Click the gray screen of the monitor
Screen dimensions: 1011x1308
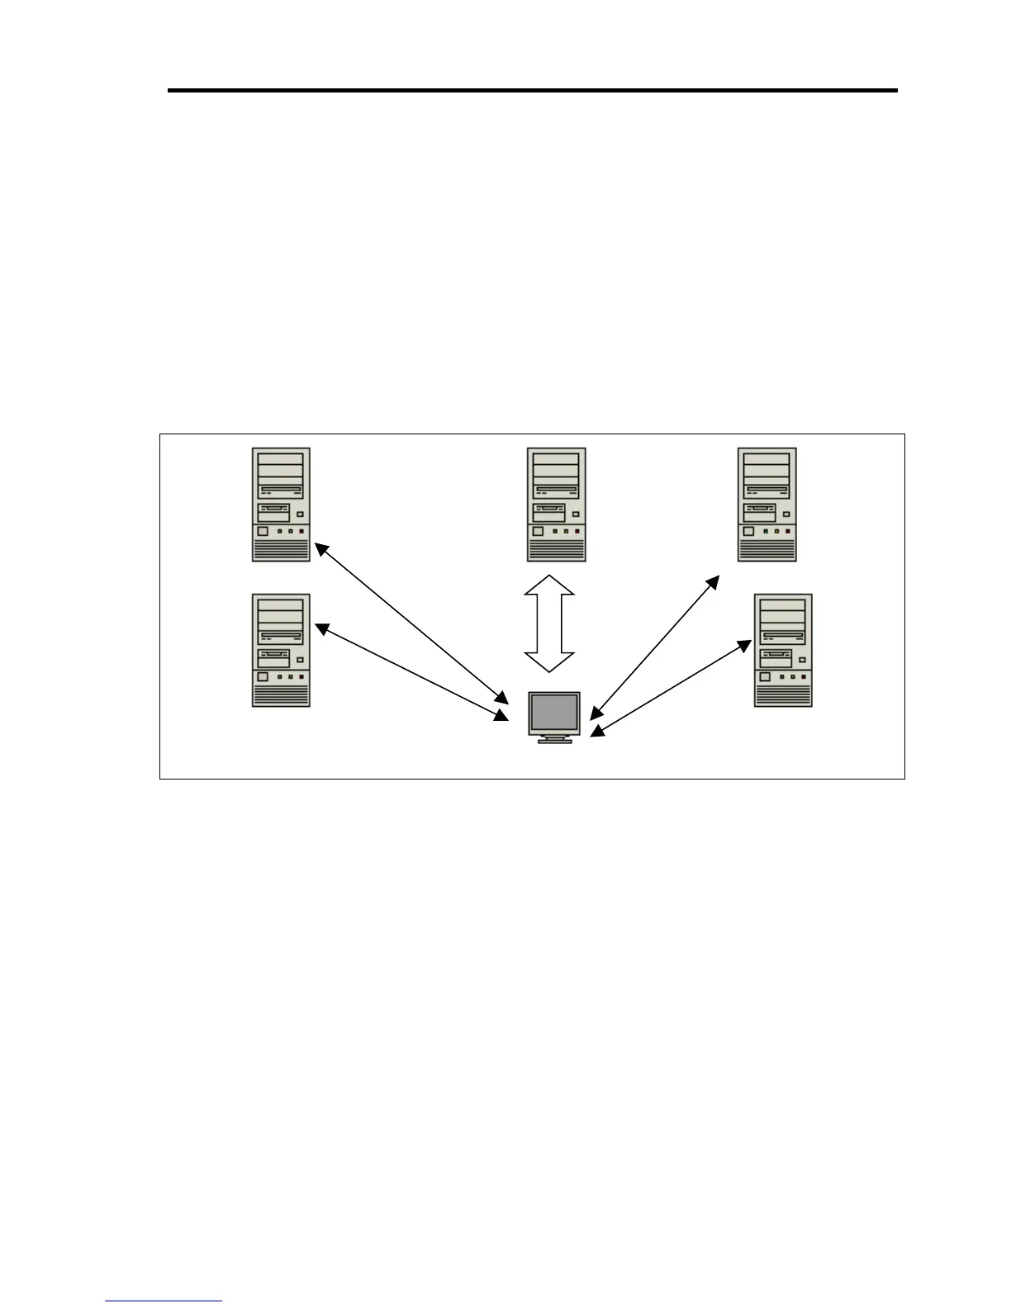554,713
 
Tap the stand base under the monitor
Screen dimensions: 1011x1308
554,741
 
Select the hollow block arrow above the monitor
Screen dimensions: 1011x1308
549,623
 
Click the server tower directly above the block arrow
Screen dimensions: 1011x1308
557,505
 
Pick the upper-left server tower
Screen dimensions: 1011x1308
281,505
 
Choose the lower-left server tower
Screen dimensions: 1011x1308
281,650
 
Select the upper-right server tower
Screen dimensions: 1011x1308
767,505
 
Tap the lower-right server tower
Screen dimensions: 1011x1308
783,650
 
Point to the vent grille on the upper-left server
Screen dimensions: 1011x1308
281,550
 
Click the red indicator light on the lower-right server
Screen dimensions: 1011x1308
803,677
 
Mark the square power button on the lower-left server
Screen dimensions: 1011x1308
263,676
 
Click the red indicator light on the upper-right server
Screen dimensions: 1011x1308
787,532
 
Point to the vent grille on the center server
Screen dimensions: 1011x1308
557,550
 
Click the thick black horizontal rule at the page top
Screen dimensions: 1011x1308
532,90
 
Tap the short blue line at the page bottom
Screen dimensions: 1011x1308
164,1301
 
